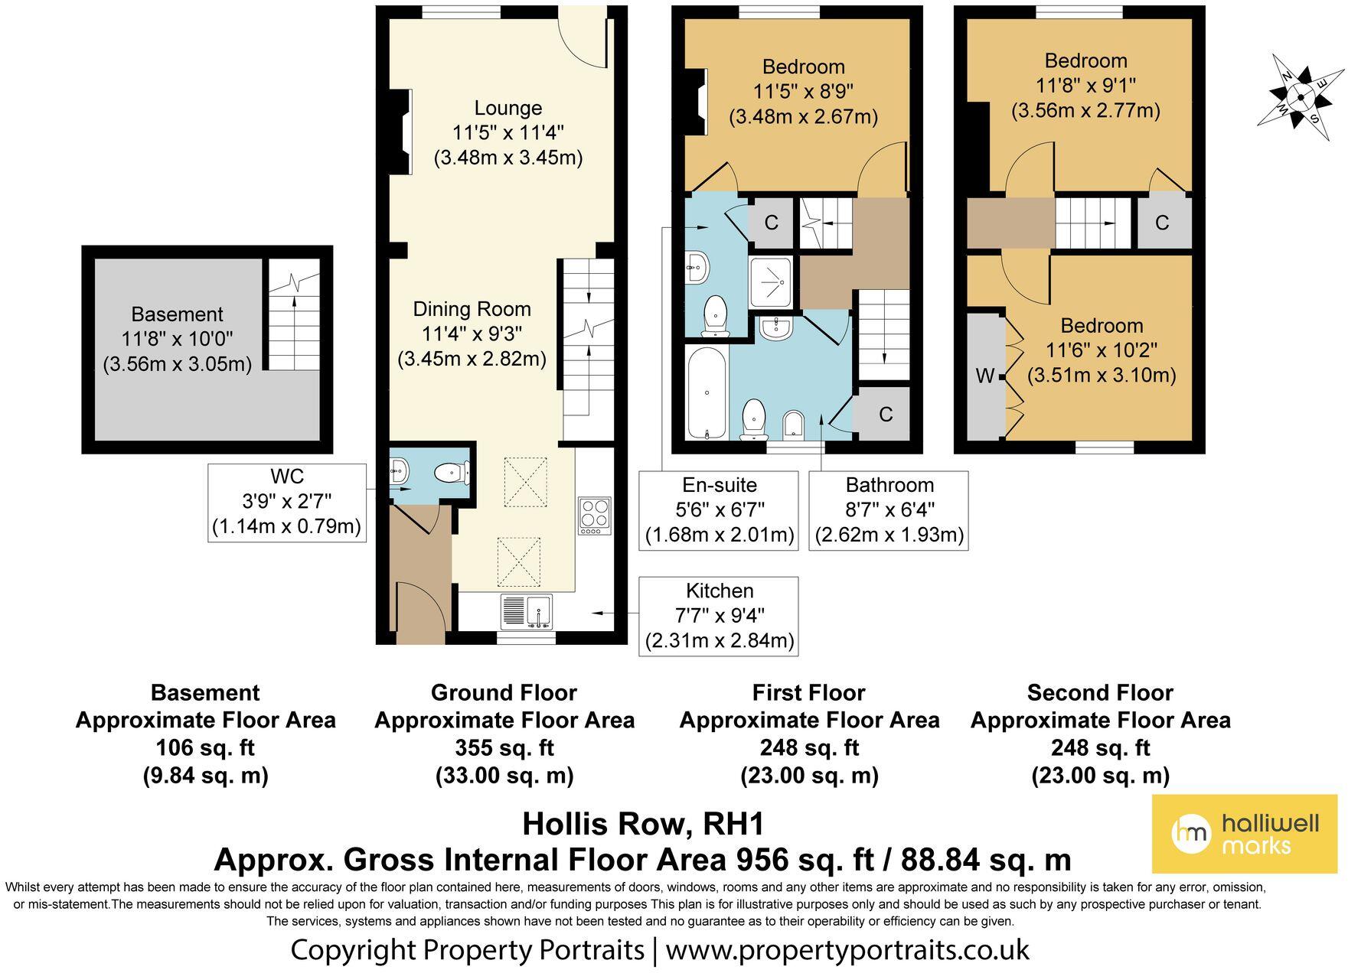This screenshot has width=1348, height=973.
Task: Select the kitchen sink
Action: (526, 612)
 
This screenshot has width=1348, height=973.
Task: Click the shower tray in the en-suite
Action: (772, 281)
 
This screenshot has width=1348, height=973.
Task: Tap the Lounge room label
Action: (508, 108)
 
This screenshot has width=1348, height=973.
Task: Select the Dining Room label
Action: (472, 309)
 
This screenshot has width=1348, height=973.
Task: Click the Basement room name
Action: (177, 314)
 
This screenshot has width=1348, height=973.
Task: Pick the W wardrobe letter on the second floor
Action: (985, 376)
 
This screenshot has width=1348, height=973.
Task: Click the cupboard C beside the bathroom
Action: (886, 415)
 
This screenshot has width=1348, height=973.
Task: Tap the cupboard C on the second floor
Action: (1162, 223)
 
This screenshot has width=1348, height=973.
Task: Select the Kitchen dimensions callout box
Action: (719, 616)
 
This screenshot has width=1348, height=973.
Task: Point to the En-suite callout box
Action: (719, 510)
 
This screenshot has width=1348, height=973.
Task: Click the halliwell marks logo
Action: (1245, 834)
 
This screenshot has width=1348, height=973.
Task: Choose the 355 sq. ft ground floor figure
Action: (504, 747)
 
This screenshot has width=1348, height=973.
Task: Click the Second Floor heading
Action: (1100, 693)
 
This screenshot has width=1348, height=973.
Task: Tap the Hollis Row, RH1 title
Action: (643, 824)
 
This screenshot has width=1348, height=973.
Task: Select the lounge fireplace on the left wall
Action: (401, 132)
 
